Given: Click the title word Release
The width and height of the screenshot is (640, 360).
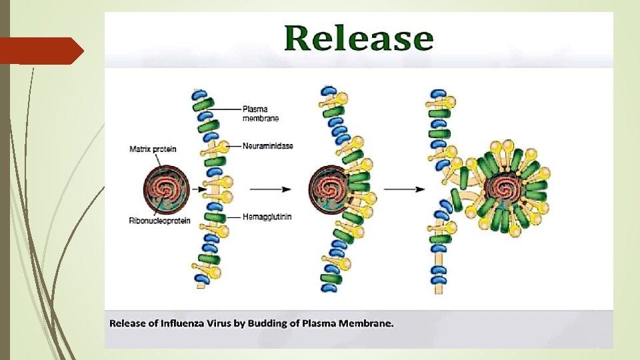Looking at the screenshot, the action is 359,39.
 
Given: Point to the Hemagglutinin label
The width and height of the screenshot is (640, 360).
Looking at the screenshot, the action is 267,217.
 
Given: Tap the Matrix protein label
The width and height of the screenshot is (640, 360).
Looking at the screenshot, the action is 153,149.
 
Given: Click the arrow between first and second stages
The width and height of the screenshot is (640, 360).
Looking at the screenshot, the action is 270,189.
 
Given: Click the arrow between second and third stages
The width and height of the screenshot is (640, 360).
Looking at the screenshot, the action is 404,189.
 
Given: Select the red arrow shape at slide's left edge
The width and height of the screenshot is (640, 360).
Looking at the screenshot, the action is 40,51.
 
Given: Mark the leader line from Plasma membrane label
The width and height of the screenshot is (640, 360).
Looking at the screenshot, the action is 227,109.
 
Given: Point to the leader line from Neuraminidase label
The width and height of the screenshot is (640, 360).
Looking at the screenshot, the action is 235,145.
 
